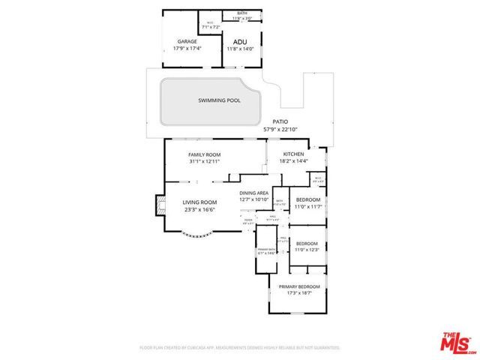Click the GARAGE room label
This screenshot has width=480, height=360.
[187, 41]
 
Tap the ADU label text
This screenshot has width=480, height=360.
[239, 42]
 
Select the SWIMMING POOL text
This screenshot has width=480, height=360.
[214, 100]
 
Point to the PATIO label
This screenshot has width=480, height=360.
[280, 121]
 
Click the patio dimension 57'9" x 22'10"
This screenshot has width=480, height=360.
[280, 129]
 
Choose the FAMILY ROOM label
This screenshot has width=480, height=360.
[204, 154]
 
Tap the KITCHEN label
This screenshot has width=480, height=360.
[293, 154]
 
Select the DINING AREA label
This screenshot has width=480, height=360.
[253, 193]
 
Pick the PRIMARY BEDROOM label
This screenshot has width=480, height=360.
[299, 286]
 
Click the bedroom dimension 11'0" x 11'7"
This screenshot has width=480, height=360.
[307, 206]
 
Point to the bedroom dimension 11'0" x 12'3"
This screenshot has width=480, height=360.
[307, 250]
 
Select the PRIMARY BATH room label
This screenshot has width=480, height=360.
[265, 250]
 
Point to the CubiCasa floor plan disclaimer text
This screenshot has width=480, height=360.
[240, 348]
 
